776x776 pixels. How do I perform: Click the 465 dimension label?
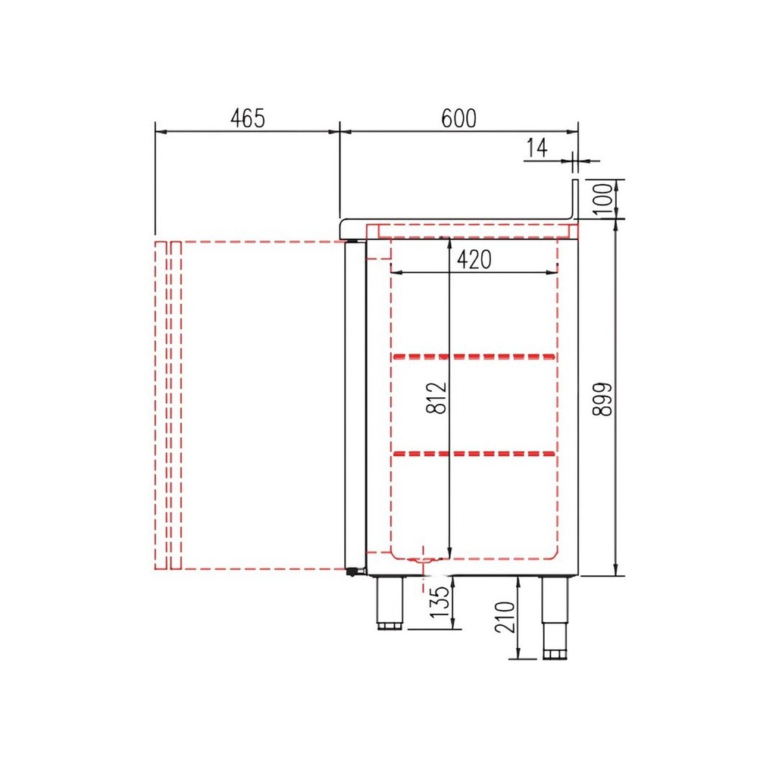pyautogui.click(x=247, y=118)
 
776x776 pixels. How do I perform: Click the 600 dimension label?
pyautogui.click(x=458, y=118)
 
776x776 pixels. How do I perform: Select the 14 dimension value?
pyautogui.click(x=536, y=149)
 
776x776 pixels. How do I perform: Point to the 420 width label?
pyautogui.click(x=474, y=260)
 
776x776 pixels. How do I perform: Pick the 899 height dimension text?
pyautogui.click(x=602, y=398)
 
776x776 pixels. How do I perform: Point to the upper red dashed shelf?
pyautogui.click(x=474, y=355)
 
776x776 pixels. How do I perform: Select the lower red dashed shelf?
pyautogui.click(x=474, y=454)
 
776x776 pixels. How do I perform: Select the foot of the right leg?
pyautogui.click(x=554, y=653)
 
